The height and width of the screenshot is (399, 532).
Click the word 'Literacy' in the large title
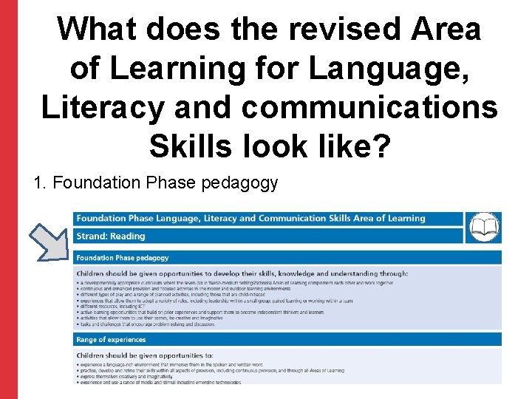100,107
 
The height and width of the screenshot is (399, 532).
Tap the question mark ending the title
378,146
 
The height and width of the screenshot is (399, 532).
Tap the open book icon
484,227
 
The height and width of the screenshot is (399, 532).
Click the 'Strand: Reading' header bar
111,236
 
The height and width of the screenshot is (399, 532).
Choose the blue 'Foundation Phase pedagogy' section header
123,258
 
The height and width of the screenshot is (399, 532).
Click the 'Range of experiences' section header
111,340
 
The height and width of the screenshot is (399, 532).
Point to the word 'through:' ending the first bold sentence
387,273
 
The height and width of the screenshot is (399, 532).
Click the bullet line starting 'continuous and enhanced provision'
222,288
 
